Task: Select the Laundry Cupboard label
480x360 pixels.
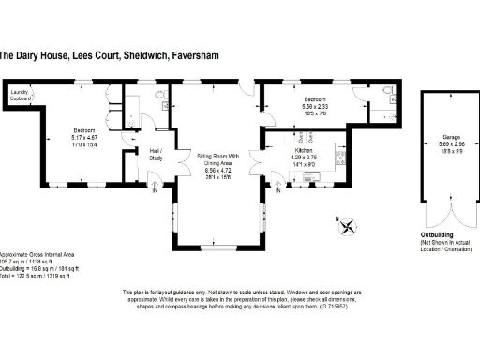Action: (x=19, y=94)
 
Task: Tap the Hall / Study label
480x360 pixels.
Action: (x=156, y=156)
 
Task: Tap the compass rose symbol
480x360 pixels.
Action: (x=347, y=225)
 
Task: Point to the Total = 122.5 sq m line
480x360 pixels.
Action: (x=36, y=276)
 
